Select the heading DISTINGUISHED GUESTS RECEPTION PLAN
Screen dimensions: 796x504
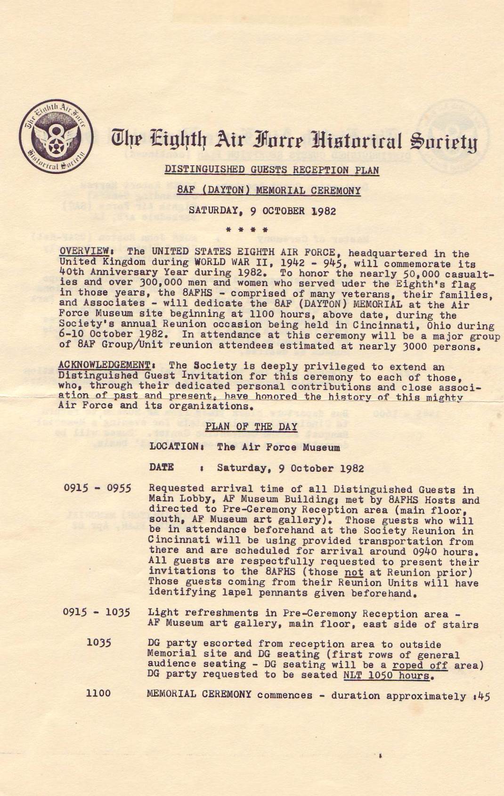272,170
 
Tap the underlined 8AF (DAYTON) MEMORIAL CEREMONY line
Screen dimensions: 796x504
269,190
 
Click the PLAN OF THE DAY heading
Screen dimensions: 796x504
251,427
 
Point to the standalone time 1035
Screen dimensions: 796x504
99,642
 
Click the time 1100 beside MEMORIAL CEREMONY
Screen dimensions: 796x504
98,693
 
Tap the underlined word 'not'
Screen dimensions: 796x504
354,572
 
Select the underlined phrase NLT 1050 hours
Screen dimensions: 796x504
386,675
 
